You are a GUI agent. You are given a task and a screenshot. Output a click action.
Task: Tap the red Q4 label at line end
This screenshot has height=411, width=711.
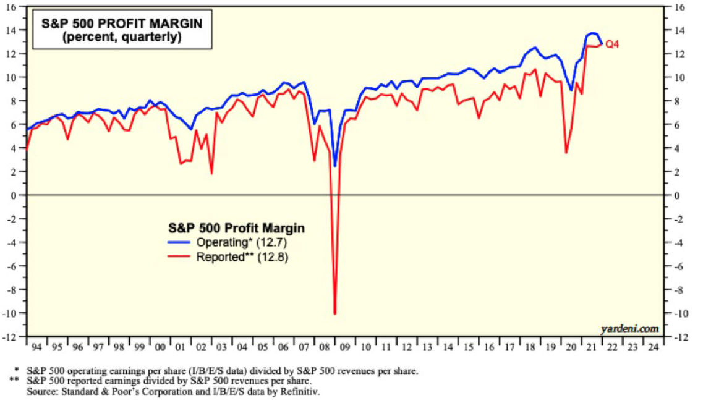click(612, 44)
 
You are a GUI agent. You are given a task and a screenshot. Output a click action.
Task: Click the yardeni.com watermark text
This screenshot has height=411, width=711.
click(629, 328)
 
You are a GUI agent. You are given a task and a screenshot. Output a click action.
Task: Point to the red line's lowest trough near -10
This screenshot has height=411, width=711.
click(334, 314)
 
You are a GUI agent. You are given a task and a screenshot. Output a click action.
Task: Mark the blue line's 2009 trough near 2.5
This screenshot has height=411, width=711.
click(334, 166)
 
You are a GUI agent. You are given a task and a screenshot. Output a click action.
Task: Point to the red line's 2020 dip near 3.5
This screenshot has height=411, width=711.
click(566, 153)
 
